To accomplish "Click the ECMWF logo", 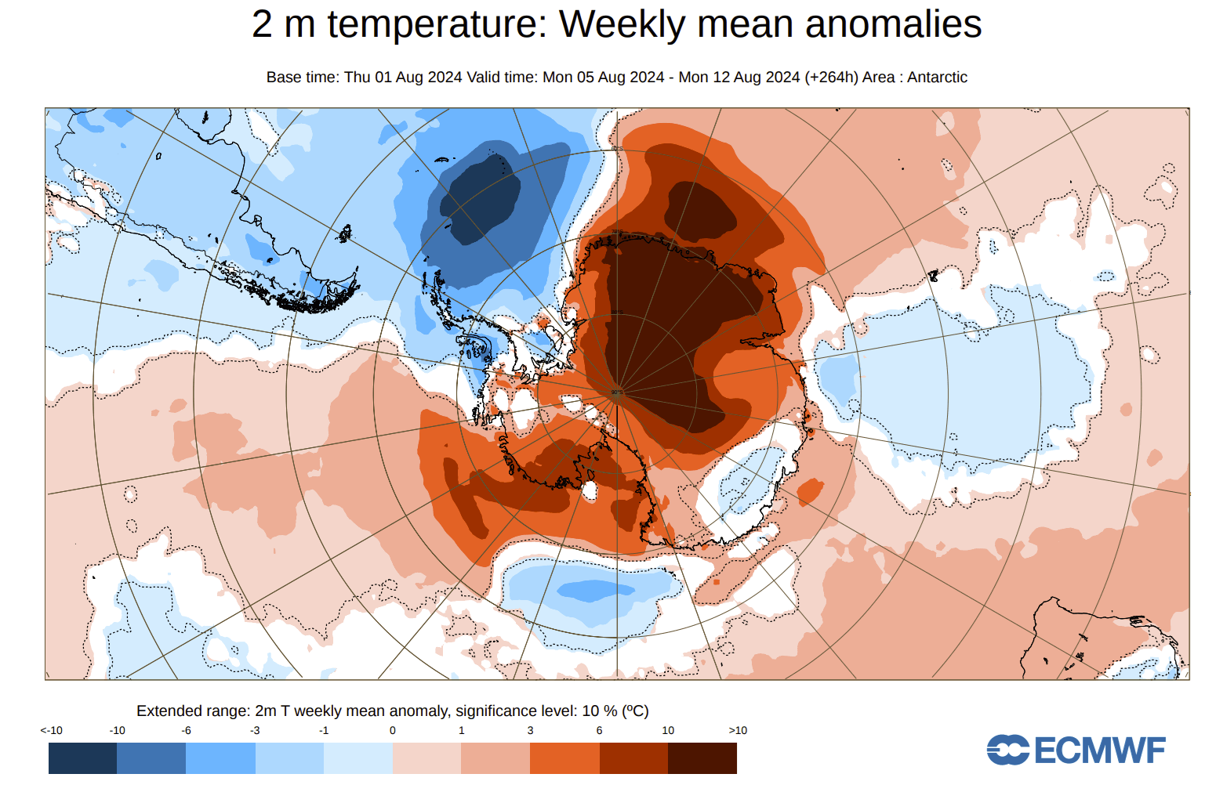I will pyautogui.click(x=1076, y=750).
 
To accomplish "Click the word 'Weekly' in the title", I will pyautogui.click(x=620, y=24).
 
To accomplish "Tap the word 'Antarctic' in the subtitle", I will pyautogui.click(x=937, y=78).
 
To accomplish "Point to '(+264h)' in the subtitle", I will pyautogui.click(x=830, y=78).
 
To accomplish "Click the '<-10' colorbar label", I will pyautogui.click(x=52, y=730).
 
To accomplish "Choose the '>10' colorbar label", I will pyautogui.click(x=738, y=730).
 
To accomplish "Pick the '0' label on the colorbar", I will pyautogui.click(x=393, y=730).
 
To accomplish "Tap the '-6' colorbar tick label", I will pyautogui.click(x=186, y=730).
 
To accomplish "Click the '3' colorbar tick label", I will pyautogui.click(x=530, y=730).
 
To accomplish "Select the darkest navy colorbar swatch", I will pyautogui.click(x=82, y=758).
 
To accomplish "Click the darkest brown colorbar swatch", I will pyautogui.click(x=702, y=758).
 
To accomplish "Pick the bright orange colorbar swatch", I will pyautogui.click(x=564, y=758).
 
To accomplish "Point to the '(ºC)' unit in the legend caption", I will pyautogui.click(x=635, y=711).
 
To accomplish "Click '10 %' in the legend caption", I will pyautogui.click(x=599, y=711).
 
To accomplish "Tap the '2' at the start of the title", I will pyautogui.click(x=262, y=24).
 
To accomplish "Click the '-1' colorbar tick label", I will pyautogui.click(x=324, y=730).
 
